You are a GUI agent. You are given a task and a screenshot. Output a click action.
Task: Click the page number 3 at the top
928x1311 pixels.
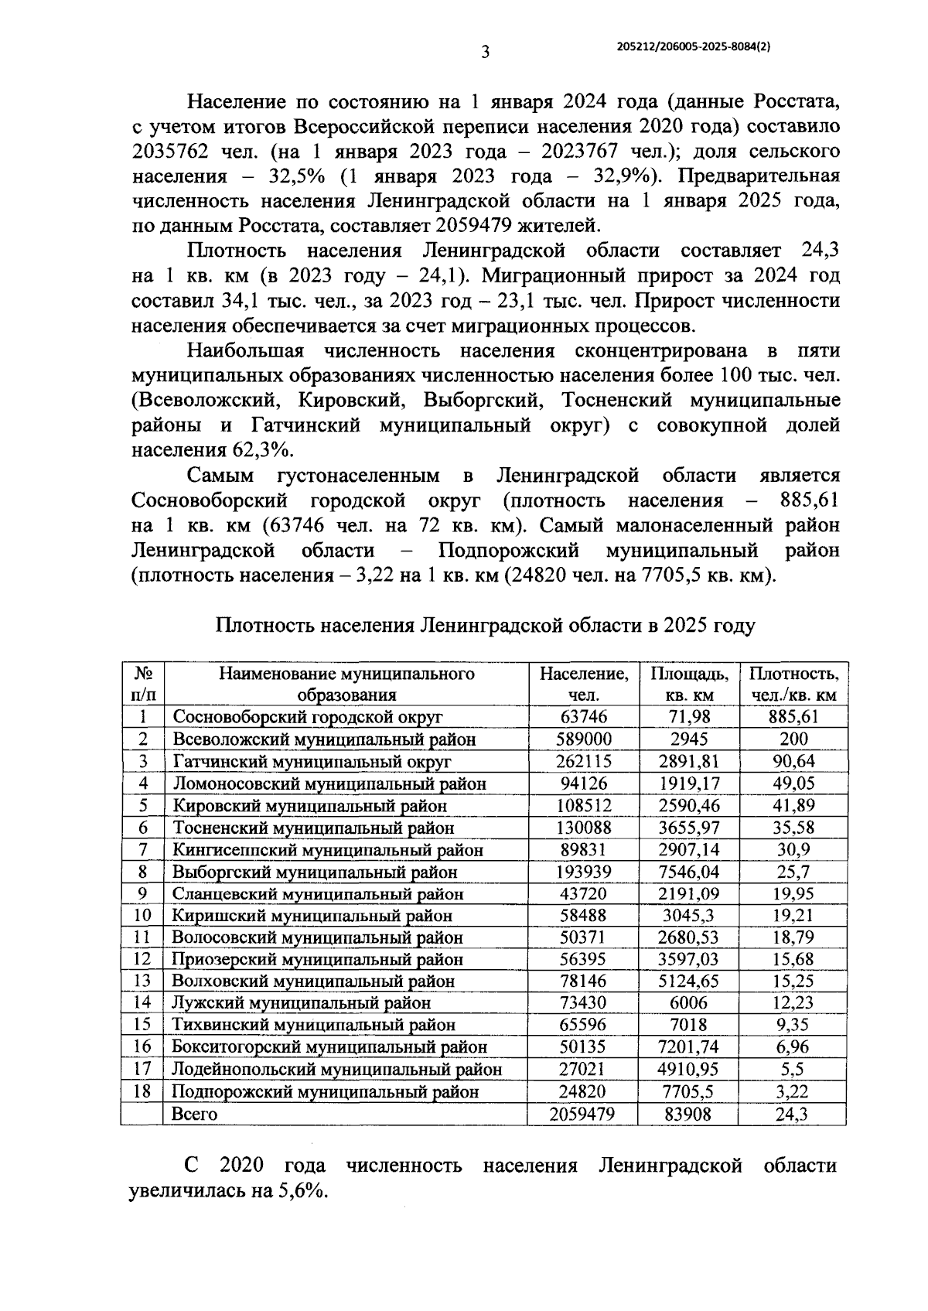485,53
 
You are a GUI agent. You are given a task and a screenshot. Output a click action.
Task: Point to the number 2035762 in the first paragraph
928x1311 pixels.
170,150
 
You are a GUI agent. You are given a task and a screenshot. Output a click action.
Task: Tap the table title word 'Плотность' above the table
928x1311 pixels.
264,625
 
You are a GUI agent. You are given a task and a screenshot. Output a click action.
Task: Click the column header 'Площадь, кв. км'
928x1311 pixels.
687,684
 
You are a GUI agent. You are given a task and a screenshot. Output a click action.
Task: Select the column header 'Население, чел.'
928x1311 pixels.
584,684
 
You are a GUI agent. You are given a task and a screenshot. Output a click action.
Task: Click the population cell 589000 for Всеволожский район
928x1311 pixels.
584,739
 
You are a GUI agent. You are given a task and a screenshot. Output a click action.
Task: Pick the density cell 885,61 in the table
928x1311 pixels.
793,716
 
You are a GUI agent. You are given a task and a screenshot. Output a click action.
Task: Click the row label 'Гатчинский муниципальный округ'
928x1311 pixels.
311,761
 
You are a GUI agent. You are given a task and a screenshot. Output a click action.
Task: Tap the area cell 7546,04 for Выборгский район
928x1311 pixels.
687,872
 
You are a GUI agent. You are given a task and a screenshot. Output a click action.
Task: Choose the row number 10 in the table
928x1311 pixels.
143,916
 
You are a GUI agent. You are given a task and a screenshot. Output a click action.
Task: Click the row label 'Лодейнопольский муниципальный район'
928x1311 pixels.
336,1070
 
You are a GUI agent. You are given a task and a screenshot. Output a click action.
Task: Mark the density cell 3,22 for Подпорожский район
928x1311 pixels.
793,1091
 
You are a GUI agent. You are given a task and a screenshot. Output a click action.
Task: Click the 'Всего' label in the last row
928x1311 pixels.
194,1114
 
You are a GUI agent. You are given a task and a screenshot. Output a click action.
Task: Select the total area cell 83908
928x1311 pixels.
687,1114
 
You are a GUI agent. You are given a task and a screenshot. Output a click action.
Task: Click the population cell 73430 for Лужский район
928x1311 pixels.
584,1003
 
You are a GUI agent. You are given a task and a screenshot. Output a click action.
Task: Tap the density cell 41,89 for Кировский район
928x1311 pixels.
793,805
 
